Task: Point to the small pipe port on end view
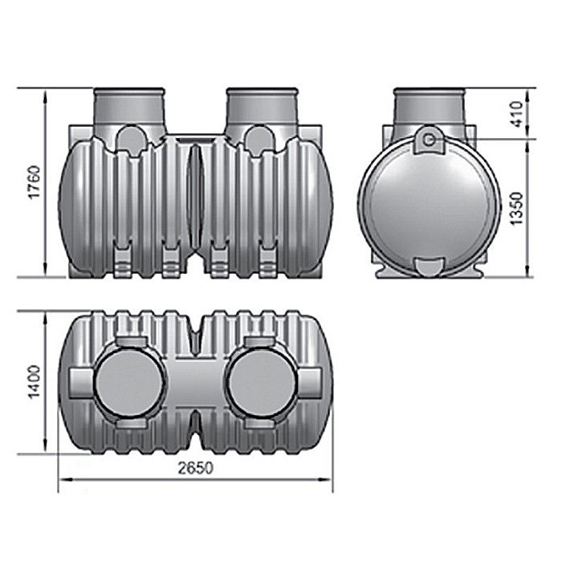pyautogui.click(x=430, y=141)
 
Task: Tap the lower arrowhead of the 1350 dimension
pyautogui.click(x=527, y=273)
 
